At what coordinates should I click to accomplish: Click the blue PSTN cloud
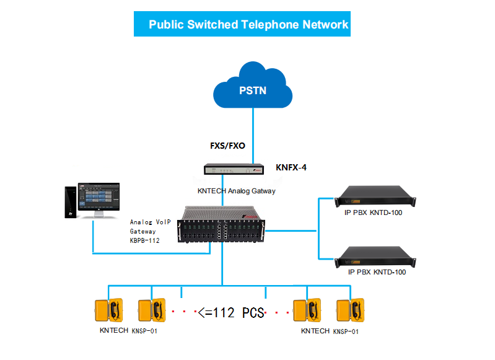(x=252, y=89)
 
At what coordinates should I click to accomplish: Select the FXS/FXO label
(x=227, y=146)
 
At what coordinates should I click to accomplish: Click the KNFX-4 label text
(x=291, y=167)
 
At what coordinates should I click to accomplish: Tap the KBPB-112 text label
(x=145, y=240)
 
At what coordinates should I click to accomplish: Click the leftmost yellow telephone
(x=108, y=310)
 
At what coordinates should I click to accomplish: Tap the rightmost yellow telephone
(x=351, y=310)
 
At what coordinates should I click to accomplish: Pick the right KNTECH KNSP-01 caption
(x=329, y=331)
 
